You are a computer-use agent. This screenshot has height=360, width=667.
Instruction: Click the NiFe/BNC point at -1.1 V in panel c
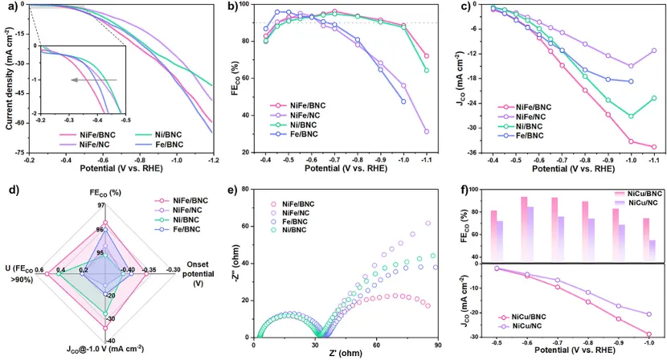coord(653,147)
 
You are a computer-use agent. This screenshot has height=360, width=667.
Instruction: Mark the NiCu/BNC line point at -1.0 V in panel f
coord(650,334)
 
